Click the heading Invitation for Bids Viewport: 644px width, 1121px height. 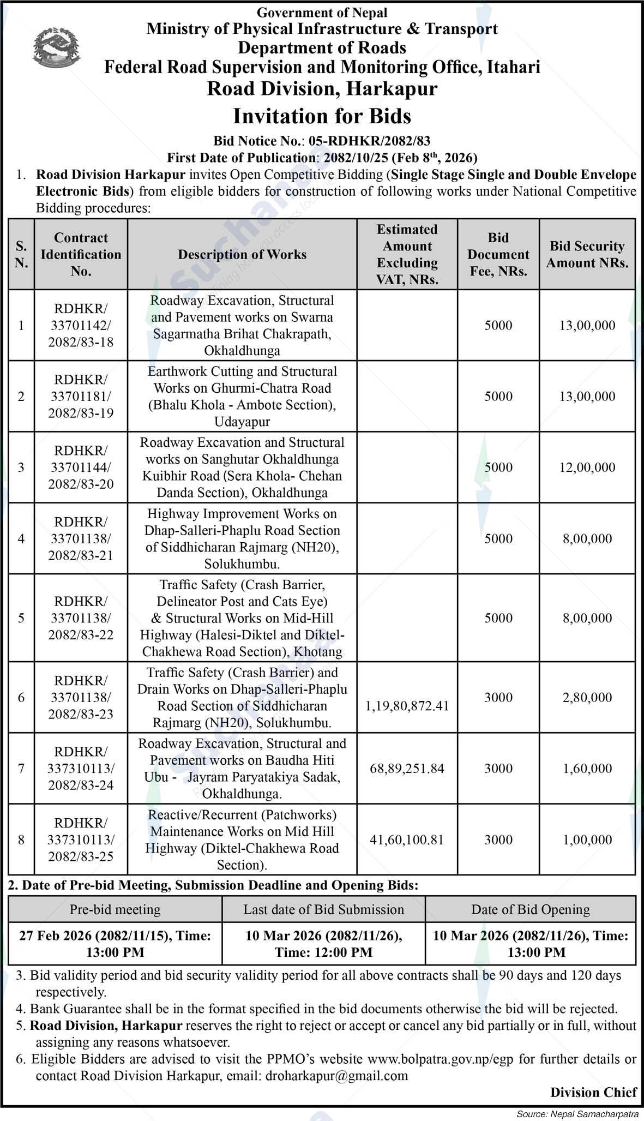322,116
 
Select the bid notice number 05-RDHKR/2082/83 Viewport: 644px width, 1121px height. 369,141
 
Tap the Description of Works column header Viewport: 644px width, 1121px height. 242,254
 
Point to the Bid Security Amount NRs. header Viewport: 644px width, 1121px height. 587,254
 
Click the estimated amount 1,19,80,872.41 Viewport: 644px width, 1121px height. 407,706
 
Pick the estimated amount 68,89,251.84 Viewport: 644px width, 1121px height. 407,768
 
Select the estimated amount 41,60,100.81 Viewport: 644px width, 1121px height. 407,840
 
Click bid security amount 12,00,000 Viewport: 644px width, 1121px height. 587,467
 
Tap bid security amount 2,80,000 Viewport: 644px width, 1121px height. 587,697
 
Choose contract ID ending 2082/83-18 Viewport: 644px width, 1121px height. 81,342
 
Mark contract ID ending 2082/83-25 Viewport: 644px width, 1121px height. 81,856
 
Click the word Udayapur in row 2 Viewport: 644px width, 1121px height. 242,422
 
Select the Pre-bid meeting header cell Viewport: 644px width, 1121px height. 115,909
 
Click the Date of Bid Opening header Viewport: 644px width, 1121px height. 531,909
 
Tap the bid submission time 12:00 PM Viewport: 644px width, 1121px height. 323,952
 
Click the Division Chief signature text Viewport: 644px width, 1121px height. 593,1092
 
